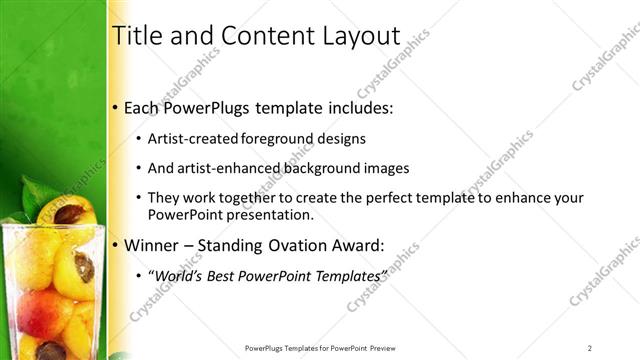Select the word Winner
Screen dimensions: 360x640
149,243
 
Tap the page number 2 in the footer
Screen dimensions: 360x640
590,348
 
